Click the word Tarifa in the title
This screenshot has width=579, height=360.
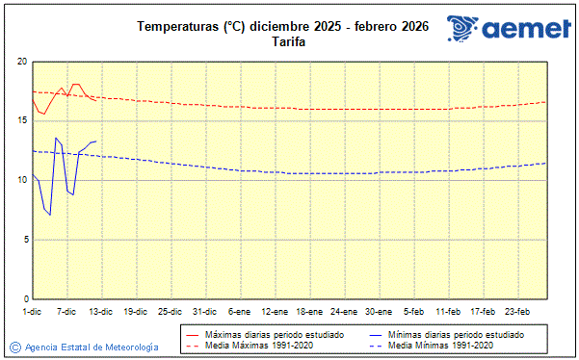(282, 41)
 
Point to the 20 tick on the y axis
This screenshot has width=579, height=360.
(21, 62)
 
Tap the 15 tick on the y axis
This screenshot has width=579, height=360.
(21, 120)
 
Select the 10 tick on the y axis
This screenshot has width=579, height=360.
(21, 180)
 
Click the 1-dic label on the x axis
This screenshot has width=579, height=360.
(33, 311)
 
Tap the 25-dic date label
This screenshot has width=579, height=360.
(170, 311)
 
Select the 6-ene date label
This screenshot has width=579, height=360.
(239, 311)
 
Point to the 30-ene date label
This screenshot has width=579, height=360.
(379, 311)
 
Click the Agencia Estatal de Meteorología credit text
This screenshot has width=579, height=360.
(92, 347)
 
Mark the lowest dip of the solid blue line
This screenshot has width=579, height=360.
(50, 214)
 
